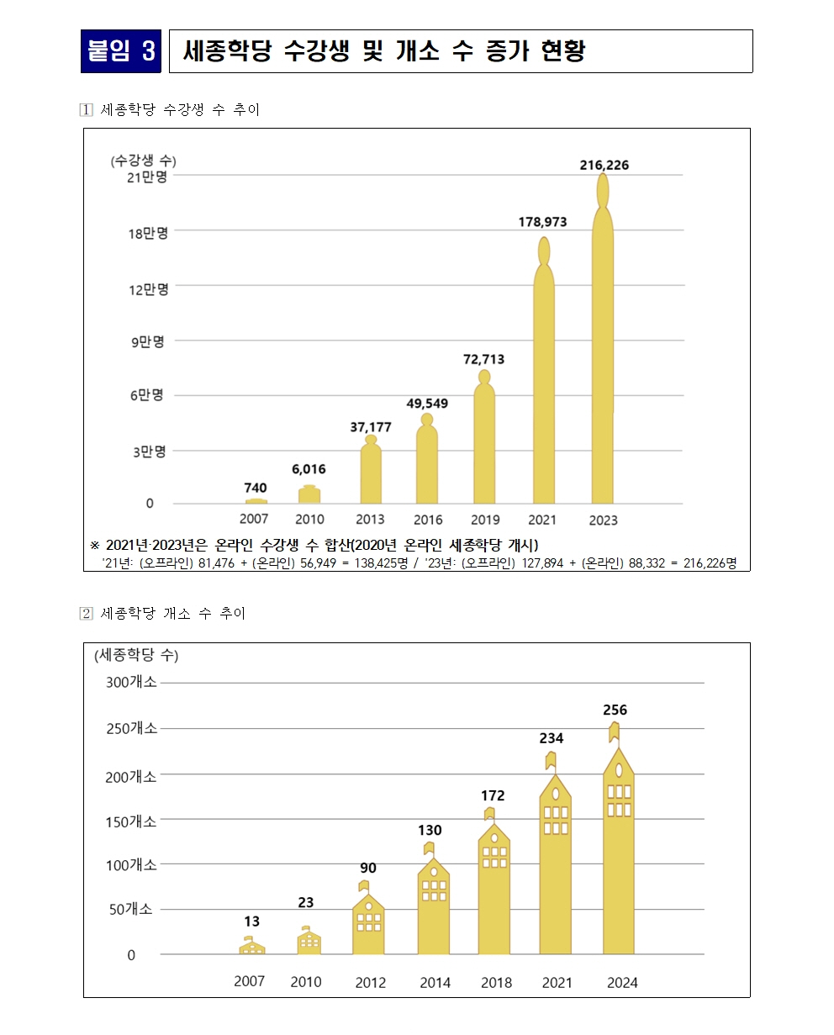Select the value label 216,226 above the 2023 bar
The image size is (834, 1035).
pos(604,166)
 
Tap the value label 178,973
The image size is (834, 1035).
pos(542,222)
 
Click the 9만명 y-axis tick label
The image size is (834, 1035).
pos(147,341)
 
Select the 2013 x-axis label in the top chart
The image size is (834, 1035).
pos(370,520)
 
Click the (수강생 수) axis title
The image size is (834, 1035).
pos(143,161)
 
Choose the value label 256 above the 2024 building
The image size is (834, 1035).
pos(615,710)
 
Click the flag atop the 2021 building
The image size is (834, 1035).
pos(551,760)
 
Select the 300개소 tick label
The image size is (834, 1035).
pos(131,683)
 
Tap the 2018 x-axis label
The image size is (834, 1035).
pos(496,982)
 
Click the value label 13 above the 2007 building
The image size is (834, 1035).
pos(251,921)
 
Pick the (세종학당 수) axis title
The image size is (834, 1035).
pos(136,654)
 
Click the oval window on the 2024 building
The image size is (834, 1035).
pos(619,770)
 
